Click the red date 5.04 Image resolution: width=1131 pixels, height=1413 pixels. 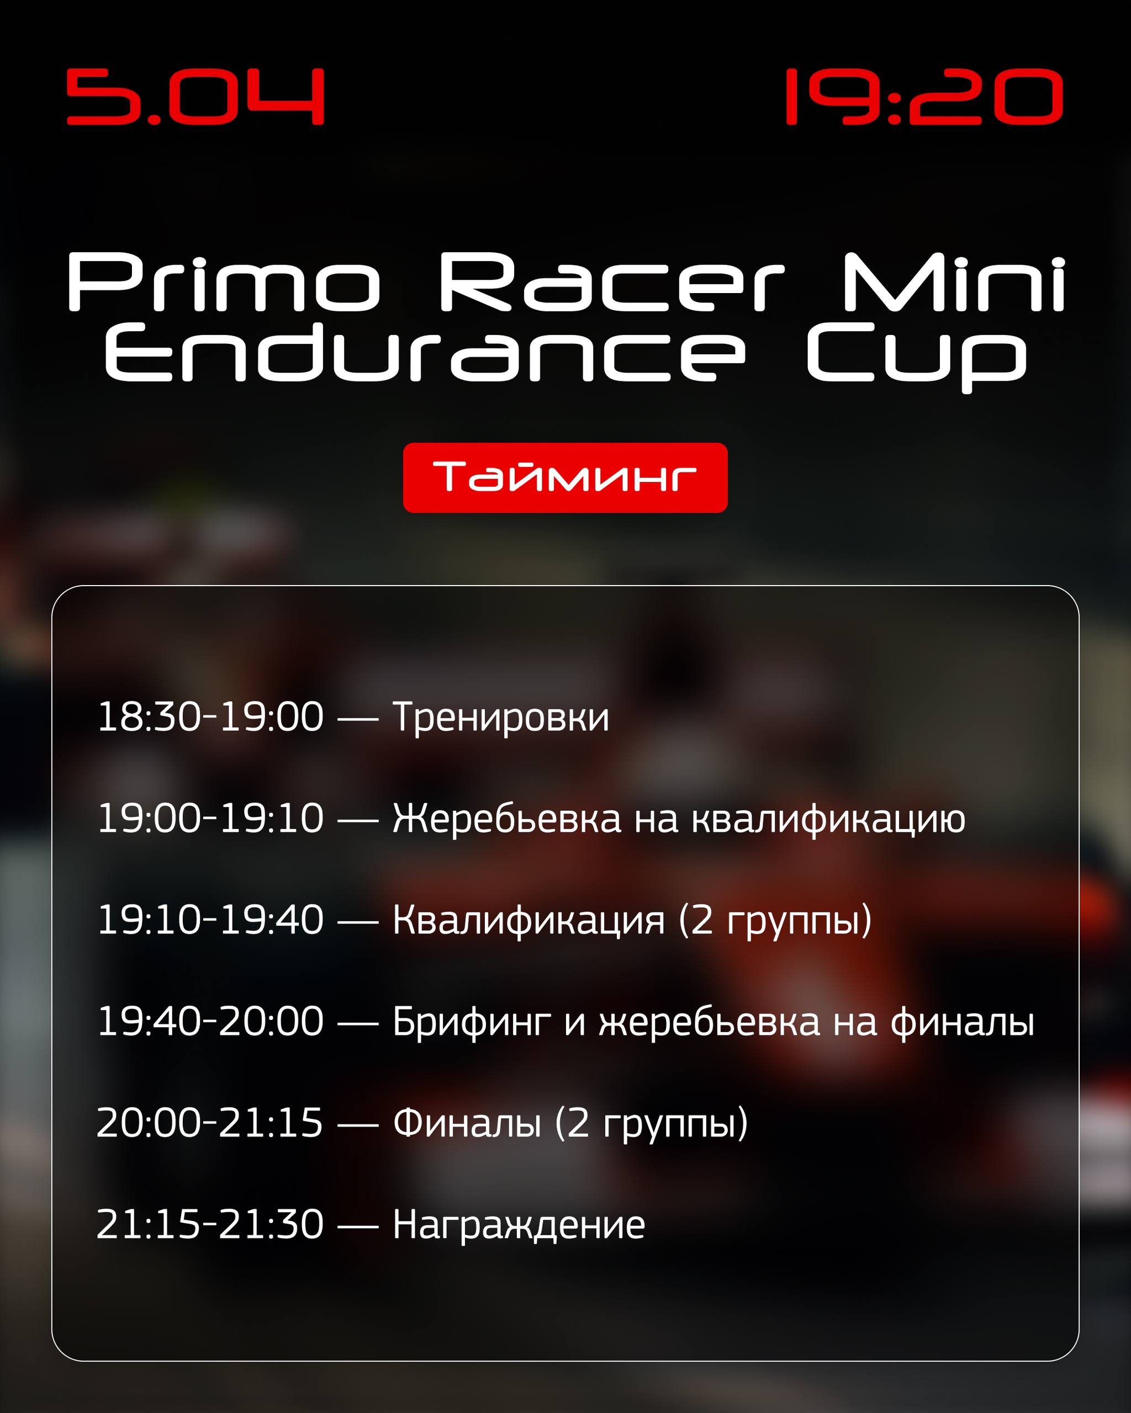195,97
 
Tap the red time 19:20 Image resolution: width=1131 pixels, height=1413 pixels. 924,97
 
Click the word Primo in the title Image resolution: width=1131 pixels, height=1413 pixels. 224,282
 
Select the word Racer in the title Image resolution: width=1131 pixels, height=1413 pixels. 611,282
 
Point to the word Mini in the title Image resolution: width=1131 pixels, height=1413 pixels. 954,282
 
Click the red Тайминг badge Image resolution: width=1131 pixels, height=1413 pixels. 565,477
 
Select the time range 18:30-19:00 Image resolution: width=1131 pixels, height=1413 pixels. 210,716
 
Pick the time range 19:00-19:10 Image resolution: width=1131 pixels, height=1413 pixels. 210,818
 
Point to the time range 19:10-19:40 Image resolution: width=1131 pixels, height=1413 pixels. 210,920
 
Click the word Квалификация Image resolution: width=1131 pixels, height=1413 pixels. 528,921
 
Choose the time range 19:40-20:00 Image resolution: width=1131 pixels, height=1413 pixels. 210,1021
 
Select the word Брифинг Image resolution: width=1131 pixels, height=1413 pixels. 472,1023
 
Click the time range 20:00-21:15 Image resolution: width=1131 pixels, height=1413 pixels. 210,1123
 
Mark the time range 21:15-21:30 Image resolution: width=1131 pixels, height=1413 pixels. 210,1224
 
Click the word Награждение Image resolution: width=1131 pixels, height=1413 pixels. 519,1226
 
